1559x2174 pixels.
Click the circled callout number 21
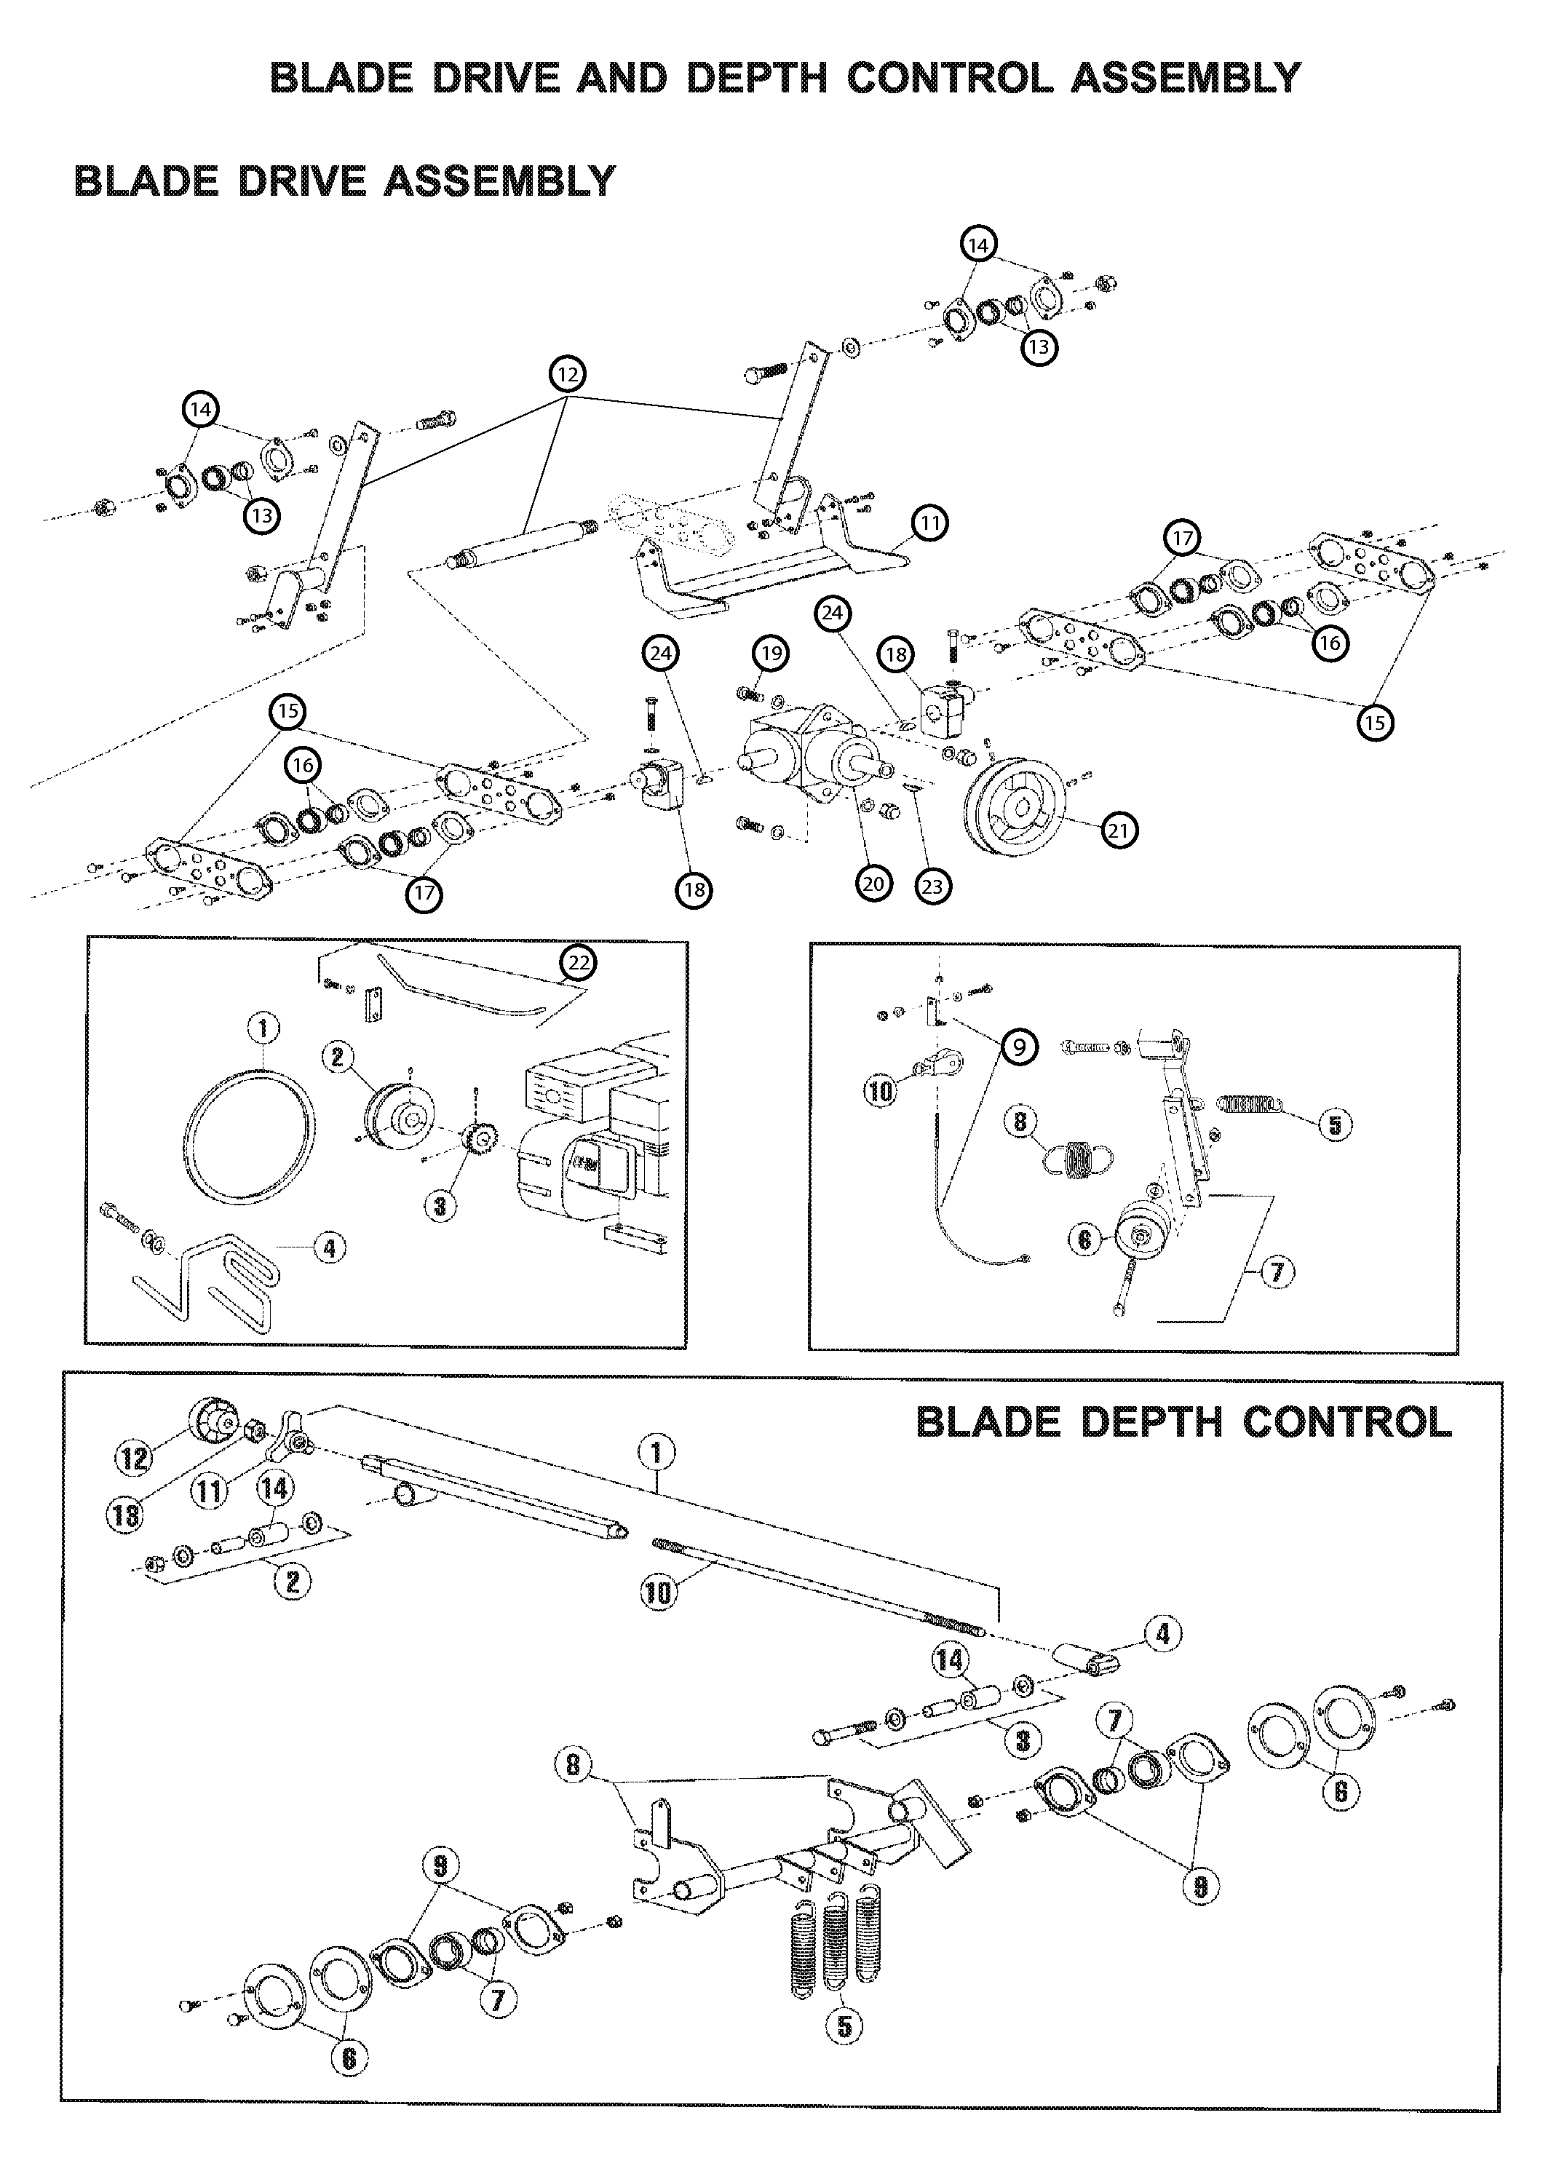(x=1118, y=830)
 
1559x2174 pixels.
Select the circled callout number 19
(x=770, y=654)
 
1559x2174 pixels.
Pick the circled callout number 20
(x=873, y=883)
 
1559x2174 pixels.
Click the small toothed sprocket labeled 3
(x=477, y=1140)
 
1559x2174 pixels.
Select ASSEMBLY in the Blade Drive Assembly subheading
(x=499, y=180)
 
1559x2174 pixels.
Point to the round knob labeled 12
(x=215, y=1420)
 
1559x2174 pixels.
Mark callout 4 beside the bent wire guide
(x=329, y=1248)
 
